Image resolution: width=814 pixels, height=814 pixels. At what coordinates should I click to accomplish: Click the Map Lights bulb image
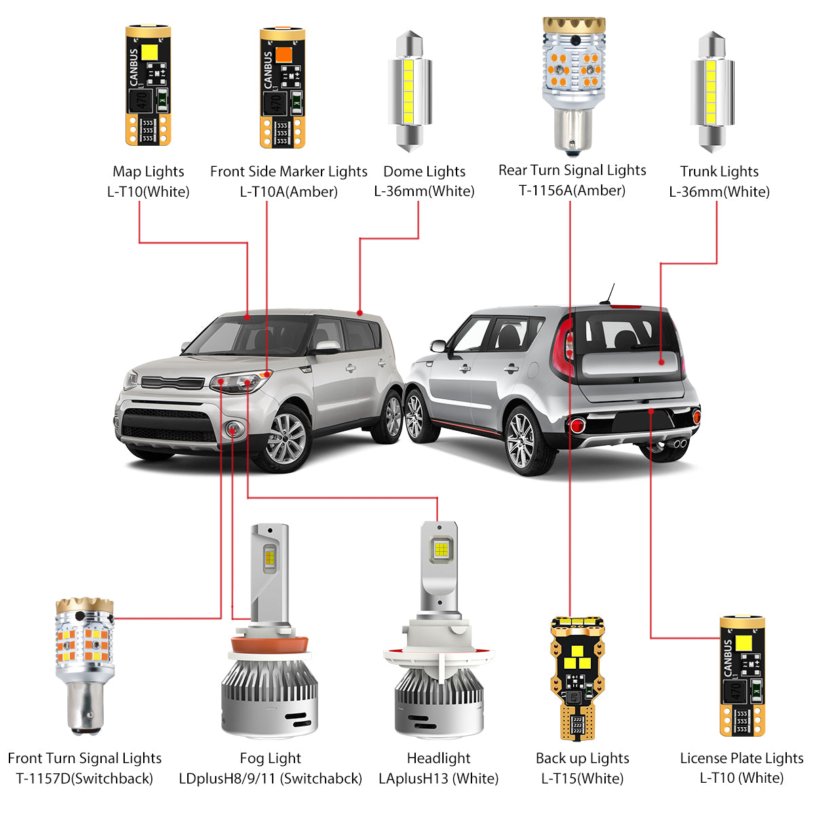tap(148, 87)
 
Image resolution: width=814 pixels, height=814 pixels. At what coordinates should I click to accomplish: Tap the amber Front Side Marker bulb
tap(282, 87)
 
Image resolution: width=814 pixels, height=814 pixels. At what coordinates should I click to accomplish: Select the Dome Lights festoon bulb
tap(410, 92)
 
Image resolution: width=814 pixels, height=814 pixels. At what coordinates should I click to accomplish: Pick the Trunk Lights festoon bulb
tap(712, 92)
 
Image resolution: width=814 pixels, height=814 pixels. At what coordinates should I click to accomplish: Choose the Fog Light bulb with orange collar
tap(270, 631)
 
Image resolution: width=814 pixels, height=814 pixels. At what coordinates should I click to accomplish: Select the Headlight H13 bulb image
tap(438, 631)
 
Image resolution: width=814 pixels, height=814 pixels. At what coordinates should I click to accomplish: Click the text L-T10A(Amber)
tap(288, 192)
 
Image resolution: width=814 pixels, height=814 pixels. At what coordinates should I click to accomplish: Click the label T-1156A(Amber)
tap(572, 191)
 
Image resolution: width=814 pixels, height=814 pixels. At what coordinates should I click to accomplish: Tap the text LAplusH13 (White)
tap(438, 779)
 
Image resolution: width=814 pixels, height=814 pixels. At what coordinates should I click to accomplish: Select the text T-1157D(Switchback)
tap(84, 779)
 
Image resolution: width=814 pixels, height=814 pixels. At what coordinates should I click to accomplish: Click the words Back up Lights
tap(582, 758)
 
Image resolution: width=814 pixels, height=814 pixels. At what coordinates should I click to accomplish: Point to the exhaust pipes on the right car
tap(675, 444)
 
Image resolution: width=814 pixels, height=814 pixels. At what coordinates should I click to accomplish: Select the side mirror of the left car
tap(327, 347)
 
